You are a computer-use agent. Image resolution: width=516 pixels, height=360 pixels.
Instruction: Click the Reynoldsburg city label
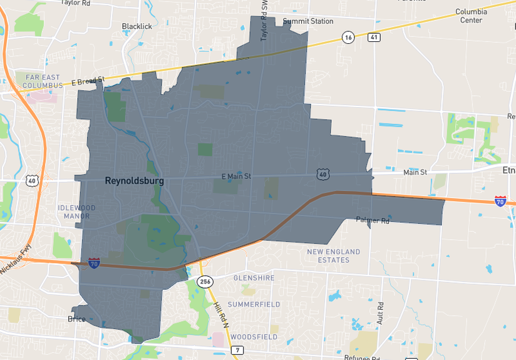click(134, 181)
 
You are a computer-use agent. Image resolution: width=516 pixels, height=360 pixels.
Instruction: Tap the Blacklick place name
click(137, 26)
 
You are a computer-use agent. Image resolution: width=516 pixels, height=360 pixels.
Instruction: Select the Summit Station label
click(308, 21)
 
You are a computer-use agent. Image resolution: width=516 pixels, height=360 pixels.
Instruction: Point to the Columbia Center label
click(471, 16)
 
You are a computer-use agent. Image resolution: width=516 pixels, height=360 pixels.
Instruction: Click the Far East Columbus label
click(35, 81)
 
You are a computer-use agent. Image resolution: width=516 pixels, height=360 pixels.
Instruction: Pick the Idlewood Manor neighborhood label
click(76, 212)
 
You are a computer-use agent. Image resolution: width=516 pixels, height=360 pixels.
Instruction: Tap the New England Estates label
click(333, 255)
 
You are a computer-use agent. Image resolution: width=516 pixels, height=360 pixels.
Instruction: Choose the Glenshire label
click(254, 277)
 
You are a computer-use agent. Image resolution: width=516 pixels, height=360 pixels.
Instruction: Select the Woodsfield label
click(254, 337)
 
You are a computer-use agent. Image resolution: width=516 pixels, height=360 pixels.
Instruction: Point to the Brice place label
click(76, 319)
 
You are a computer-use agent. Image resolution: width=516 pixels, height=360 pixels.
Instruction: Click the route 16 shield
click(348, 38)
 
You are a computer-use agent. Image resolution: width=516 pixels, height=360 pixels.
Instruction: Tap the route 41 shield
click(374, 38)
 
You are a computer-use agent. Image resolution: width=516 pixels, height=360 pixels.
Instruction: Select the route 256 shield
click(205, 282)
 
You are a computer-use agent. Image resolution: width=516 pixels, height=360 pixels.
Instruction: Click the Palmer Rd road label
click(373, 220)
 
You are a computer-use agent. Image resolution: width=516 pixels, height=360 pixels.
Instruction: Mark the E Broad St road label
click(87, 81)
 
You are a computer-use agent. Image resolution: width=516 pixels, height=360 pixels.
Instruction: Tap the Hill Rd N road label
click(219, 314)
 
